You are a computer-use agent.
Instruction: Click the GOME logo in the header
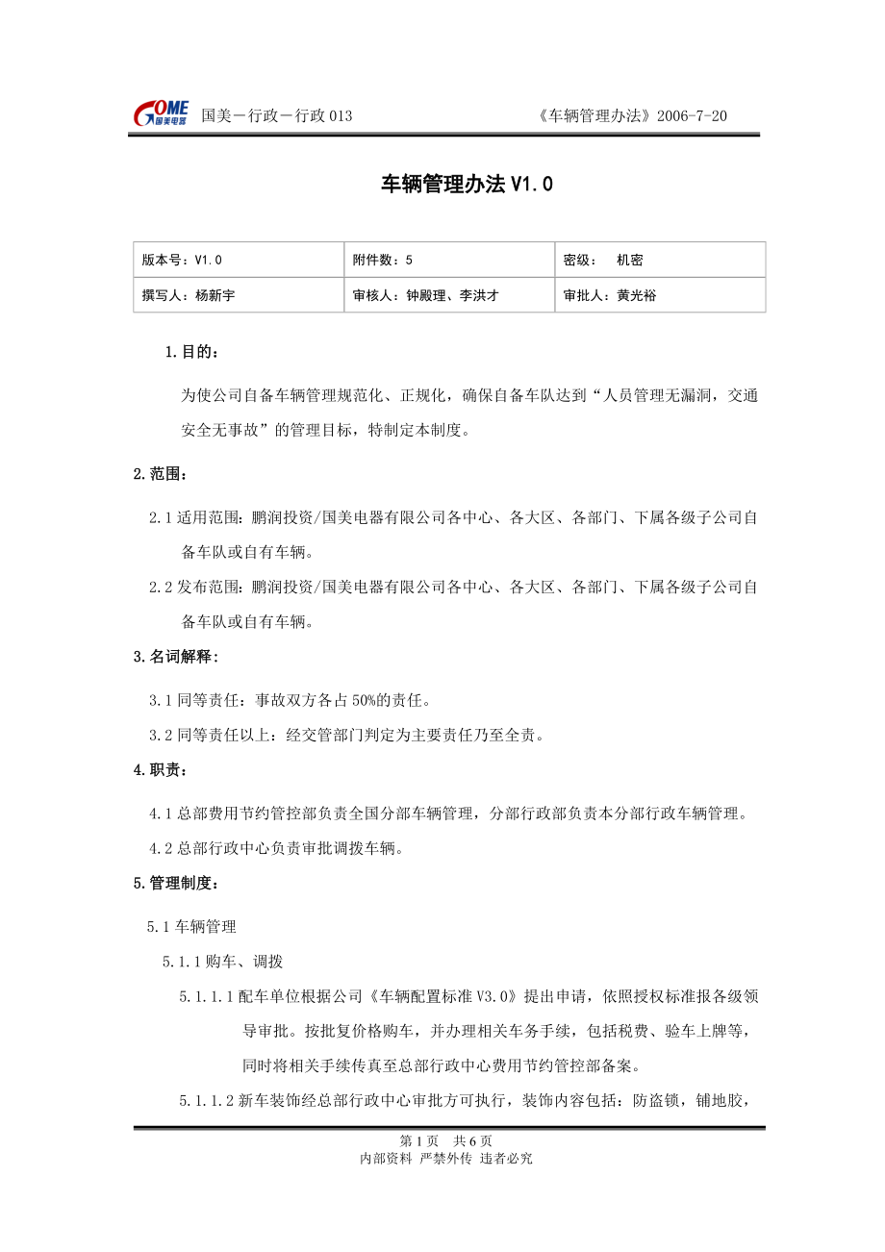(x=162, y=113)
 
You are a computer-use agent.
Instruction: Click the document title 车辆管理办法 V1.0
(x=468, y=185)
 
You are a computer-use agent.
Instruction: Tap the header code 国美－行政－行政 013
(x=277, y=116)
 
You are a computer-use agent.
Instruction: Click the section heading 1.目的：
(x=191, y=352)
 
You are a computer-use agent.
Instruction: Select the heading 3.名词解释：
(x=176, y=657)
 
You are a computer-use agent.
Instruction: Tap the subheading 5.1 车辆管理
(x=191, y=927)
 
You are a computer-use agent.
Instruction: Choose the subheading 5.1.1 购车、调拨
(x=222, y=962)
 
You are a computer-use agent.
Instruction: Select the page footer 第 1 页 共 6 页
(x=445, y=1140)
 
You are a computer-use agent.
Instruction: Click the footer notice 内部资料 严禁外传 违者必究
(x=445, y=1159)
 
